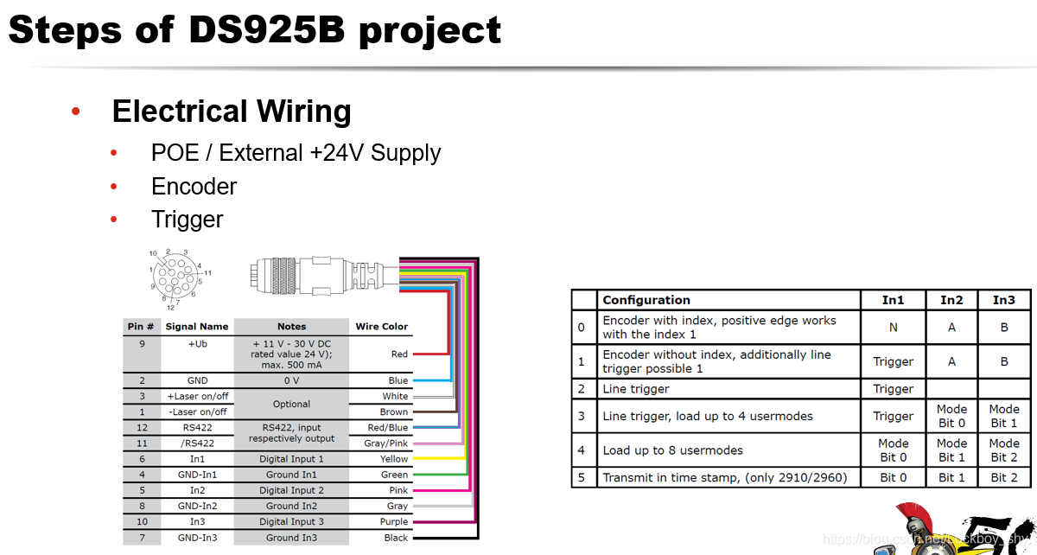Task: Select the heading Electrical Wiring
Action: coord(232,112)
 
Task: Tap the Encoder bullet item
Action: coord(194,186)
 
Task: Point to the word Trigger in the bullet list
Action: coord(187,219)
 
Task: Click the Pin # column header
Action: coord(141,326)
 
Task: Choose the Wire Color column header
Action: coord(381,326)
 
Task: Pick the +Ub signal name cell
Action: coord(197,343)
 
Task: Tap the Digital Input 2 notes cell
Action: coord(291,490)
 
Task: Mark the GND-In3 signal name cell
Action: coord(197,537)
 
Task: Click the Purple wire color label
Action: coord(394,521)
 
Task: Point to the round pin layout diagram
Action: coord(175,278)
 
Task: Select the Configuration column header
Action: coord(646,300)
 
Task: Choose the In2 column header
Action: coord(951,300)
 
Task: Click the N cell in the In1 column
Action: coord(893,328)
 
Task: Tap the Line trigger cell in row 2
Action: coord(636,389)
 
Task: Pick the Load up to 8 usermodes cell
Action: coord(672,450)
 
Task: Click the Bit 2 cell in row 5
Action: coord(1003,477)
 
